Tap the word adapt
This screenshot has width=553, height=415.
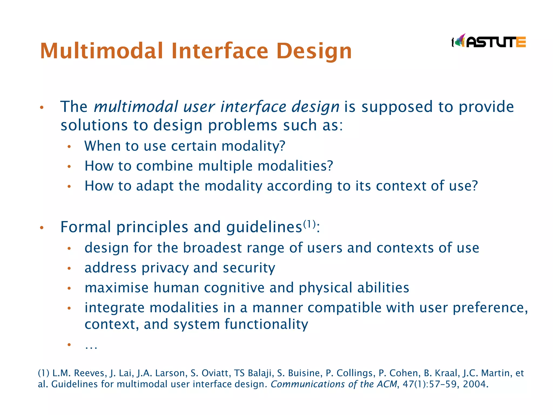point(155,186)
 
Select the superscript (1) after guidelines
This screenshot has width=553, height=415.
point(309,224)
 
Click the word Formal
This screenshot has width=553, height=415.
point(86,227)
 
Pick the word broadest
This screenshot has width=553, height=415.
point(212,248)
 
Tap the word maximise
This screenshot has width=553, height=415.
point(116,288)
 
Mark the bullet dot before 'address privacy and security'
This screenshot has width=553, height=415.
point(69,268)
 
